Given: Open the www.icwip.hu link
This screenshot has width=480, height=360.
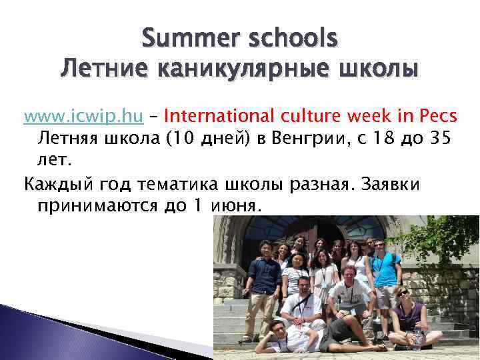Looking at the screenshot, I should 83,117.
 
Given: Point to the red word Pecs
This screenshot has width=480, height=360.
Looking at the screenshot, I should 437,117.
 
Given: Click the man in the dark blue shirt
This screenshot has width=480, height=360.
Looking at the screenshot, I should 264,280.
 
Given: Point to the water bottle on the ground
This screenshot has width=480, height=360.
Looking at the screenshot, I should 418,339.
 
